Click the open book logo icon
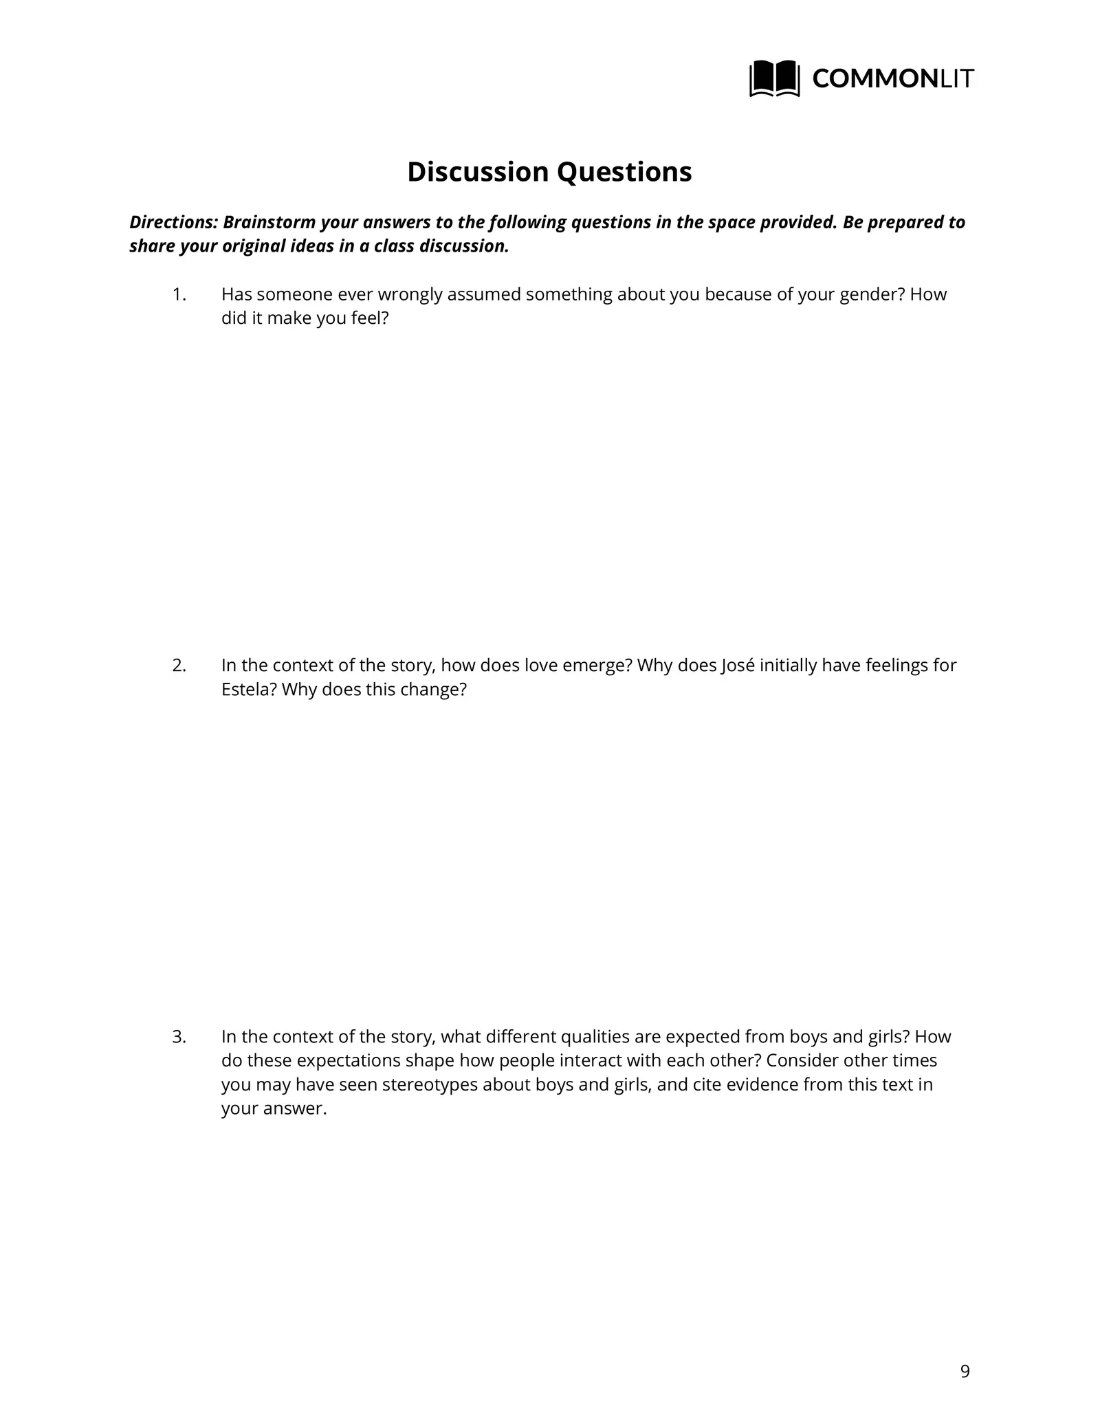point(774,78)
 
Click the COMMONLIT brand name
point(892,79)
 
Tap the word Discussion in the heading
point(478,172)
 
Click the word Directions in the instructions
point(173,223)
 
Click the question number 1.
point(179,294)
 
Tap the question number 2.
point(179,666)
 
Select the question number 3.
point(179,1036)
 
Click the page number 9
point(965,1372)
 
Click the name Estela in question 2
point(248,690)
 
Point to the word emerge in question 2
point(596,666)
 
